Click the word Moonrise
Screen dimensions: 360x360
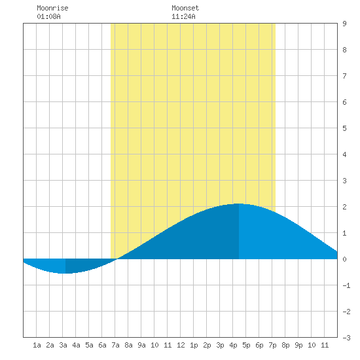pos(52,8)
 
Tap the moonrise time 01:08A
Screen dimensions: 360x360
pos(48,16)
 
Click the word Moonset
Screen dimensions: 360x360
pos(185,8)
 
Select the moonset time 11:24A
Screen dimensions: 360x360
pos(183,16)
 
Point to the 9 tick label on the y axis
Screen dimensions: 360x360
pos(344,24)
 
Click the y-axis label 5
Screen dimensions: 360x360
pos(344,128)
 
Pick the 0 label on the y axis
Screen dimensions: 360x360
pos(344,259)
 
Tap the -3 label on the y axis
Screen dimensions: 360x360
pos(346,338)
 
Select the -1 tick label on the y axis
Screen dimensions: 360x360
pos(346,285)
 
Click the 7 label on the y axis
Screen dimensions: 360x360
pos(344,76)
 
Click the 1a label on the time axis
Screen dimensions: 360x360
pos(37,345)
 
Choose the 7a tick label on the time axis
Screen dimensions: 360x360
pos(115,345)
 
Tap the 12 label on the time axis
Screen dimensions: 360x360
pos(181,345)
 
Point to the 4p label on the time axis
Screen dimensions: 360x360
pos(233,345)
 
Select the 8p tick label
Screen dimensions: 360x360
pos(285,345)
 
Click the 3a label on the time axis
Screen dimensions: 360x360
pos(63,345)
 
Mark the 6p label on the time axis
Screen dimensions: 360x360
pos(259,345)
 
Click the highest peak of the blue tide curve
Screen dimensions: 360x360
pos(239,204)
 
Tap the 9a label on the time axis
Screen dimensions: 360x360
pos(141,345)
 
